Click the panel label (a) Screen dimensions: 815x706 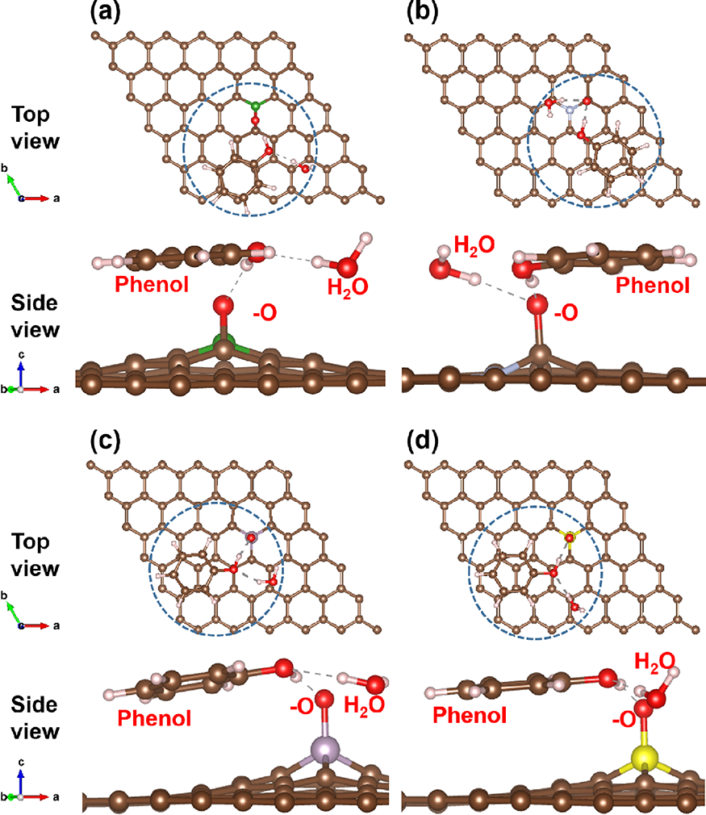pyautogui.click(x=109, y=13)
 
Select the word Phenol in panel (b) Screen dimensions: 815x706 pyautogui.click(x=652, y=286)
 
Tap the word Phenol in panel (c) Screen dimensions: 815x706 pyautogui.click(x=154, y=717)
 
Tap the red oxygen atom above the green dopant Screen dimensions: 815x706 pyautogui.click(x=224, y=306)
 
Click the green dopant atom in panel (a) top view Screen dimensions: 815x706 pyautogui.click(x=255, y=106)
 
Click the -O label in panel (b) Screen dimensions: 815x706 pyautogui.click(x=566, y=311)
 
